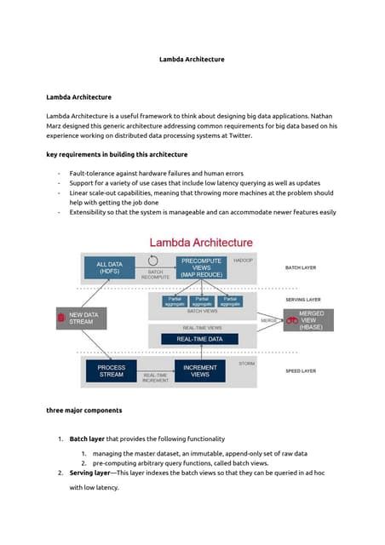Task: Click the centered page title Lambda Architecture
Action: (192, 60)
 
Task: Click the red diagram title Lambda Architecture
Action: (201, 243)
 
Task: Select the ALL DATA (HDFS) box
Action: (109, 268)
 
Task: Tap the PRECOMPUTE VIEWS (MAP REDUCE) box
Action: (200, 268)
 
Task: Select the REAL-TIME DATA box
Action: (199, 339)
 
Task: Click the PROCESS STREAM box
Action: (111, 371)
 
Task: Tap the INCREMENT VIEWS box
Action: (199, 371)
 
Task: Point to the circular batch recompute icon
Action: (153, 261)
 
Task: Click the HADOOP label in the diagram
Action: (243, 260)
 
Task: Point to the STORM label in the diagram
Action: (246, 364)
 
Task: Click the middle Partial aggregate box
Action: (202, 301)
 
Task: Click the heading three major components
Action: (83, 410)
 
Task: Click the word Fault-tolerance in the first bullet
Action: (95, 173)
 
